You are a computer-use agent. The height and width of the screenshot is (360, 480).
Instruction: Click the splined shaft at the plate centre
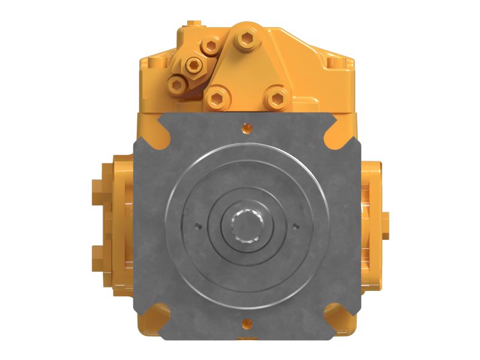pos(247,226)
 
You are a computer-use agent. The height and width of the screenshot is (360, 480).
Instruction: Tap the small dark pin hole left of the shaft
pos(198,226)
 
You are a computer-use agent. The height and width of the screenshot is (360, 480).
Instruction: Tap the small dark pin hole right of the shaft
pos(296,226)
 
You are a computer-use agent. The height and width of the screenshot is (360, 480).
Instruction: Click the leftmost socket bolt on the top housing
pos(175,85)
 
